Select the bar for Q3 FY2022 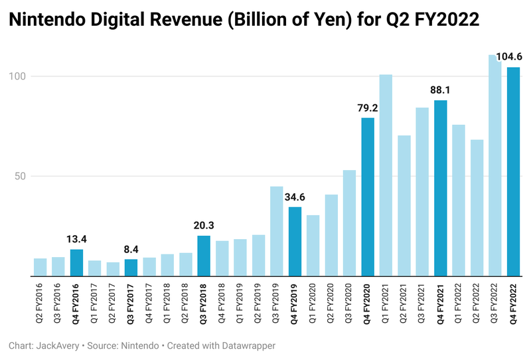point(495,165)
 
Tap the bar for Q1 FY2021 point(386,175)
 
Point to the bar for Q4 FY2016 point(76,263)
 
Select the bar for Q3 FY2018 point(204,256)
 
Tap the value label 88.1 point(441,90)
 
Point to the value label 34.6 point(295,197)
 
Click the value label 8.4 point(131,249)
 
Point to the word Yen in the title point(335,21)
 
